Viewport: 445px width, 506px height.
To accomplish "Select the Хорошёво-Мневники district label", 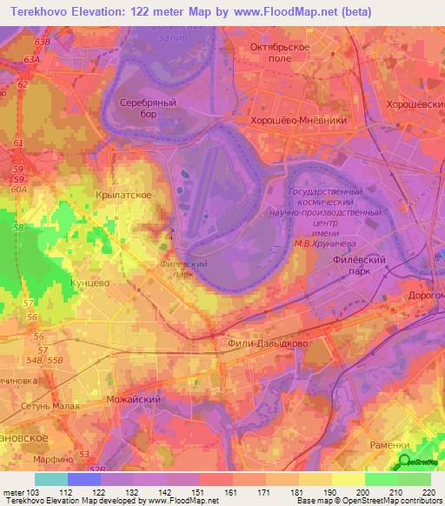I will pyautogui.click(x=297, y=122).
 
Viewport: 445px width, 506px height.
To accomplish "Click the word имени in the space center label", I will pyautogui.click(x=324, y=233).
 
